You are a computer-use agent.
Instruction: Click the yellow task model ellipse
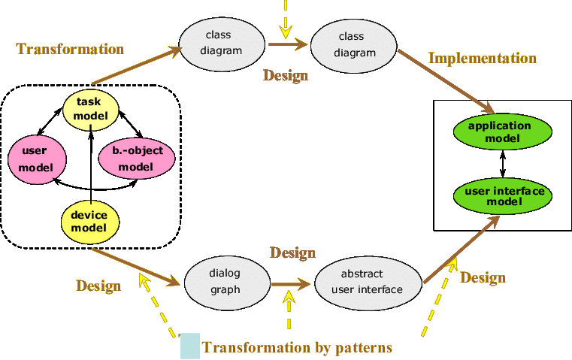89,108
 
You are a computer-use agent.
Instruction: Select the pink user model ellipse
36,159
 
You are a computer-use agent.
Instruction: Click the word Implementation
482,58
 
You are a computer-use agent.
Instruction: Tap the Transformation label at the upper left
70,50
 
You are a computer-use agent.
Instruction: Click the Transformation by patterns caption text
297,348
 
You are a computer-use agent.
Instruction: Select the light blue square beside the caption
190,346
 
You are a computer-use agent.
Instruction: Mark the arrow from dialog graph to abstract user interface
291,285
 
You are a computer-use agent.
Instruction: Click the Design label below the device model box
98,286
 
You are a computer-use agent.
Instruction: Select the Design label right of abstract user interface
483,278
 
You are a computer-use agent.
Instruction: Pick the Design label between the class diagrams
285,75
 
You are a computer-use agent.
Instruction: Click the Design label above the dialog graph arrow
292,253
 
